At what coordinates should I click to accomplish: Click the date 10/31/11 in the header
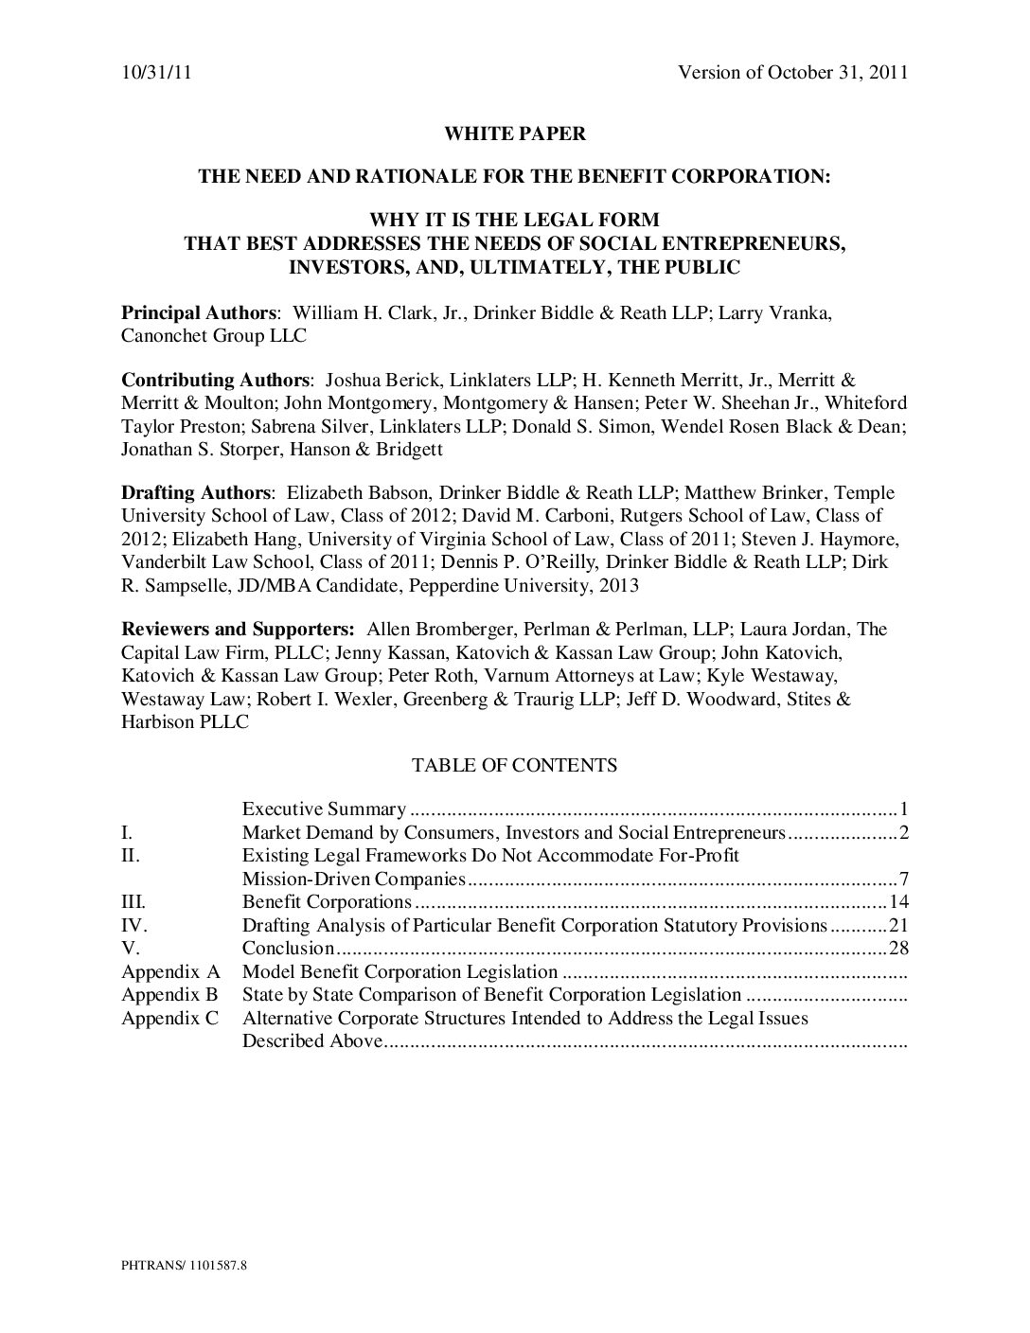[156, 73]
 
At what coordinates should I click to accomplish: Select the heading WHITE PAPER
[515, 133]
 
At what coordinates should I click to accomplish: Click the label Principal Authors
[199, 313]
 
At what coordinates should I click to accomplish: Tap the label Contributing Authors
[215, 381]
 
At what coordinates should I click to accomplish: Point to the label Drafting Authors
[196, 492]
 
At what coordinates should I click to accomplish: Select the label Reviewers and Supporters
[238, 630]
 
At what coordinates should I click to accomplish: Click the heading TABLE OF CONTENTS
[514, 765]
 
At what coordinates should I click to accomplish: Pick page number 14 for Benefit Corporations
[898, 902]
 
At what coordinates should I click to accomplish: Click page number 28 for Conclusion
[898, 949]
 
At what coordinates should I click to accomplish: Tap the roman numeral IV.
[134, 925]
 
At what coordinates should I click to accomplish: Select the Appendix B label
[169, 995]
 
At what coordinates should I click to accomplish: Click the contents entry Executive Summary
[324, 809]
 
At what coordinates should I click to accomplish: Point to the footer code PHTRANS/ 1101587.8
[184, 1264]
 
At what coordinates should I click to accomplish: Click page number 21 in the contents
[898, 925]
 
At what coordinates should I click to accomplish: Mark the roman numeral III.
[133, 902]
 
